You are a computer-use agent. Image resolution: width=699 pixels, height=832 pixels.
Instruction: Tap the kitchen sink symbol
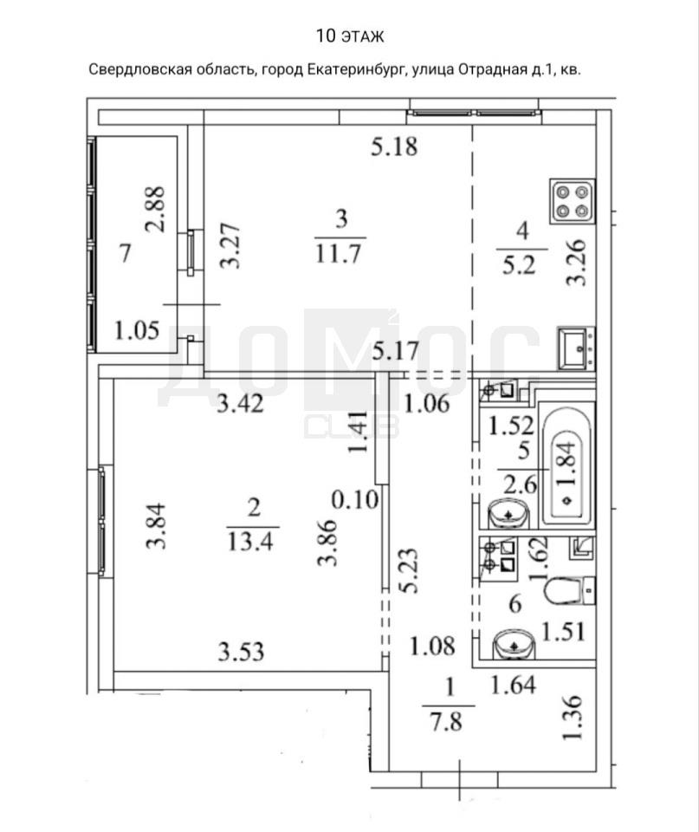576,348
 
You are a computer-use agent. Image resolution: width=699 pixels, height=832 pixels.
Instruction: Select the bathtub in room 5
566,465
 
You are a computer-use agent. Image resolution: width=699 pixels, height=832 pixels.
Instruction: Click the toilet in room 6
570,590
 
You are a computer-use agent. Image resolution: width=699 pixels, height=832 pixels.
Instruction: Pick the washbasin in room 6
514,645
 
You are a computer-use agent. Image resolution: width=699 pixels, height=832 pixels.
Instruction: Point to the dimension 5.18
394,146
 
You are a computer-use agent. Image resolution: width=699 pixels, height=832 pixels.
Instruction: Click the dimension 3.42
240,404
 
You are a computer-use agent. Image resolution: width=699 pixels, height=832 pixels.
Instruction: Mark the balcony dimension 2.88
155,209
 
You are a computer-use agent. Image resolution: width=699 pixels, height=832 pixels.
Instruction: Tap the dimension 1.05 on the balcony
137,330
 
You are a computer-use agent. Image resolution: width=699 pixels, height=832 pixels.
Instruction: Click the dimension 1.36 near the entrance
573,718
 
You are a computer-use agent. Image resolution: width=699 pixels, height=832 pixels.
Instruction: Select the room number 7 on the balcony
125,253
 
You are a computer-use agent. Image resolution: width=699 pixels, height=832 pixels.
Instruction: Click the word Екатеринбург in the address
358,69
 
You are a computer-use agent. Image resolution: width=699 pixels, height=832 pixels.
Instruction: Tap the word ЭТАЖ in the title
363,36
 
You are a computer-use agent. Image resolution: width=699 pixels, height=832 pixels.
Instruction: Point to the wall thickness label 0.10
355,499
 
